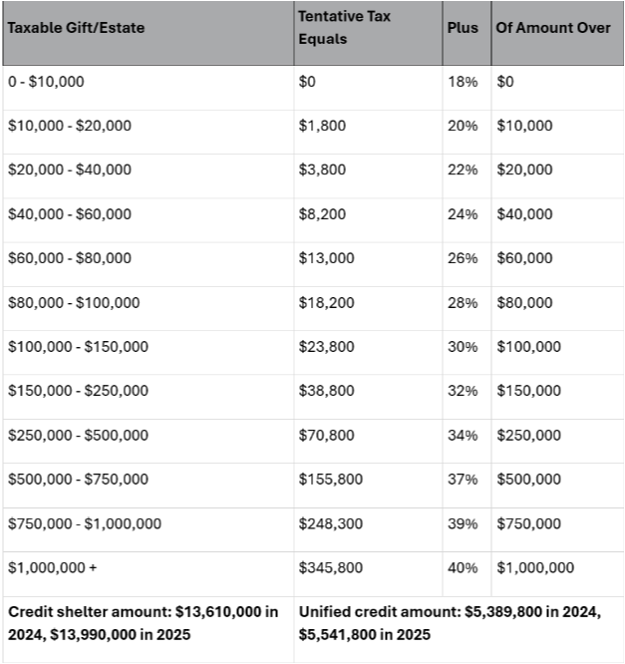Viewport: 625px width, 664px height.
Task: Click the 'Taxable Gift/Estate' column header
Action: [x=76, y=27]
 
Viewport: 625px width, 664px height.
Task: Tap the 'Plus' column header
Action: [x=463, y=27]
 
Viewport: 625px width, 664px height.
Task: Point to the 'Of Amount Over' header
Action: [x=553, y=27]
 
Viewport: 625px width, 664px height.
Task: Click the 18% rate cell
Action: [x=463, y=82]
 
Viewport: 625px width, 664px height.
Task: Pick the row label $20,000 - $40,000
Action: [x=69, y=169]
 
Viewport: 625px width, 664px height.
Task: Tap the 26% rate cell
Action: [x=463, y=258]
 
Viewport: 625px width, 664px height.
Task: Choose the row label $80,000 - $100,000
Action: [x=73, y=302]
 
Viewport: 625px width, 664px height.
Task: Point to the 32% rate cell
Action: [x=463, y=391]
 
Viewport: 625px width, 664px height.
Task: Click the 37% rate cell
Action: [x=463, y=480]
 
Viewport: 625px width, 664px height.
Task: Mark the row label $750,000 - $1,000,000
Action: [x=84, y=523]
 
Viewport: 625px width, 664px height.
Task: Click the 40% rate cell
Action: [x=463, y=567]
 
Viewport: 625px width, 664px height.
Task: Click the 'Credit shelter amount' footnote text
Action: [x=143, y=622]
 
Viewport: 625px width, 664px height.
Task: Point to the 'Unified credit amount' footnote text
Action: [x=450, y=622]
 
